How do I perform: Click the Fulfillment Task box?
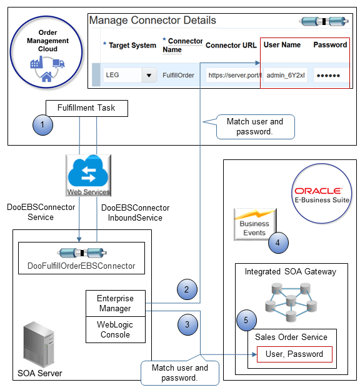pyautogui.click(x=86, y=107)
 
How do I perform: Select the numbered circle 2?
pyautogui.click(x=187, y=289)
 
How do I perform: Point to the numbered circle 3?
pyautogui.click(x=187, y=324)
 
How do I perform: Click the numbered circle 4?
pyautogui.click(x=277, y=241)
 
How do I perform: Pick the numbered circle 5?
pyautogui.click(x=247, y=321)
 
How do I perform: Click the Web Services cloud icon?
pyautogui.click(x=88, y=176)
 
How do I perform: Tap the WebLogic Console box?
pyautogui.click(x=115, y=330)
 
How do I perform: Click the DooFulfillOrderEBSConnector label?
pyautogui.click(x=81, y=266)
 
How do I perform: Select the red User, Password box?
pyautogui.click(x=289, y=354)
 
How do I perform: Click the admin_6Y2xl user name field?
pyautogui.click(x=286, y=76)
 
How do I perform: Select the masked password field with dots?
pyautogui.click(x=329, y=76)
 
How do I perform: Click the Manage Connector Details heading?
pyautogui.click(x=152, y=21)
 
